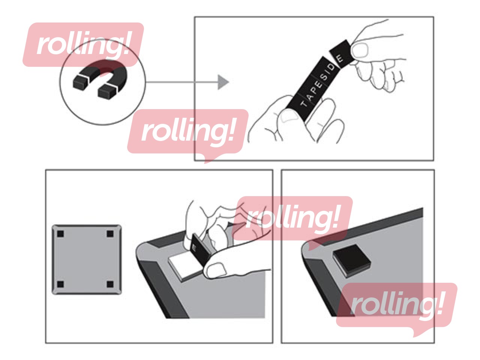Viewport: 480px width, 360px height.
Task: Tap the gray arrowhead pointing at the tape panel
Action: point(223,82)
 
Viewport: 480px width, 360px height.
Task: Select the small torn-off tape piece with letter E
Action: point(341,54)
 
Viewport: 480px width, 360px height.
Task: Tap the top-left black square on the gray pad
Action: point(60,234)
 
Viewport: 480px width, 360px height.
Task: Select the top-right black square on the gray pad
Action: point(110,234)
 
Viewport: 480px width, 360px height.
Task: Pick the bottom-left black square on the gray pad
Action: point(60,284)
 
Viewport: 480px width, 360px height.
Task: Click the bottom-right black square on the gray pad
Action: point(110,284)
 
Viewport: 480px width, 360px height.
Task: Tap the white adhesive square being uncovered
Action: point(183,267)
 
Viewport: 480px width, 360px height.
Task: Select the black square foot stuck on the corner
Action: point(351,261)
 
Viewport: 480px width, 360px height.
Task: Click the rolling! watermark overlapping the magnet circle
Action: point(83,45)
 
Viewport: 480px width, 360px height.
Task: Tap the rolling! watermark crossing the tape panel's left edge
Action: point(188,133)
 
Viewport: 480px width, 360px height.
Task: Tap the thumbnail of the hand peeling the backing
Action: point(215,269)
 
